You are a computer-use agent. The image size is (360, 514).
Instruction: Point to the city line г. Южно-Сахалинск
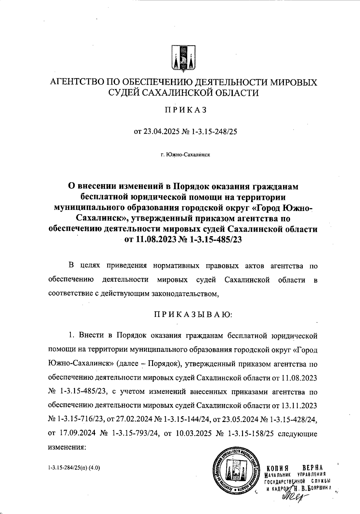[185, 155]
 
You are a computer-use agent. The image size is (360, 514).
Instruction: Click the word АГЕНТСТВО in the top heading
[75, 82]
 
